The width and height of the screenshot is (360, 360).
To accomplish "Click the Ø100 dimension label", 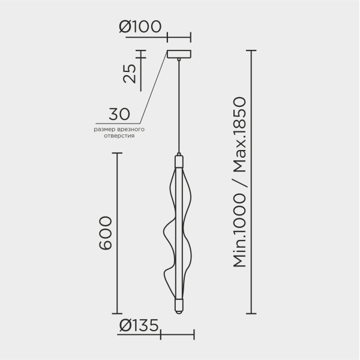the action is [x=140, y=26].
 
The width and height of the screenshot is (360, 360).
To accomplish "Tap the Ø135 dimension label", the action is [x=139, y=325].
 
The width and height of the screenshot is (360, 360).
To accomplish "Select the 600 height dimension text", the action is [x=106, y=233].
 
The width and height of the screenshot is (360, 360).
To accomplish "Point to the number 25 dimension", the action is [x=130, y=73].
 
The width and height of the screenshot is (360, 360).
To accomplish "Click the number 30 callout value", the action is [x=119, y=114].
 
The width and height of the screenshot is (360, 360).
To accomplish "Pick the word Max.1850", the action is [x=239, y=134].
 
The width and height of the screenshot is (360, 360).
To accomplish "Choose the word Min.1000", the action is [x=239, y=230].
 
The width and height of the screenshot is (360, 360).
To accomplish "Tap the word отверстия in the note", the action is [x=119, y=136].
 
